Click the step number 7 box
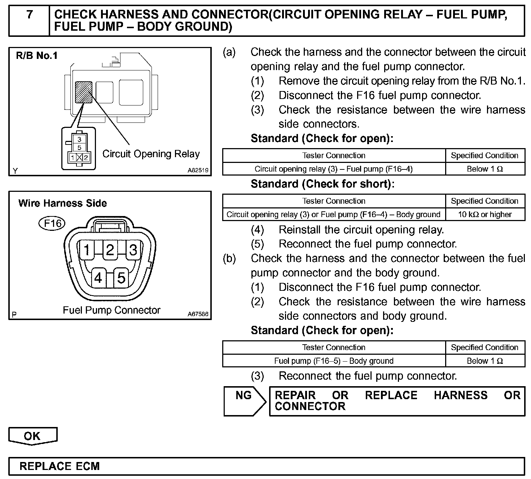click(29, 20)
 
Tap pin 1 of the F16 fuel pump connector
click(87, 249)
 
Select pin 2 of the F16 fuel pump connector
click(110, 249)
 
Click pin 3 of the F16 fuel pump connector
click(133, 249)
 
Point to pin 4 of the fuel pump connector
click(98, 277)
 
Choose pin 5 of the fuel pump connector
click(121, 277)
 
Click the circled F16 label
click(52, 223)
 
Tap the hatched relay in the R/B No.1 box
click(83, 92)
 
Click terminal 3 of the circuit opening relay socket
click(79, 139)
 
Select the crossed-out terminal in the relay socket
click(79, 157)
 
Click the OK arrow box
click(32, 436)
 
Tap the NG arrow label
click(244, 396)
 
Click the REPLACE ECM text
click(60, 466)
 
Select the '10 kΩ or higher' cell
click(485, 214)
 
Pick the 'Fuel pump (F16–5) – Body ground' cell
click(334, 361)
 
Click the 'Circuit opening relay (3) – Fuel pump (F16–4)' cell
click(334, 169)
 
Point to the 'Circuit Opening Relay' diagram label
click(151, 154)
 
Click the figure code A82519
click(198, 170)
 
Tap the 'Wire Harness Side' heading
click(62, 203)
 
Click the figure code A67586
click(198, 314)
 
